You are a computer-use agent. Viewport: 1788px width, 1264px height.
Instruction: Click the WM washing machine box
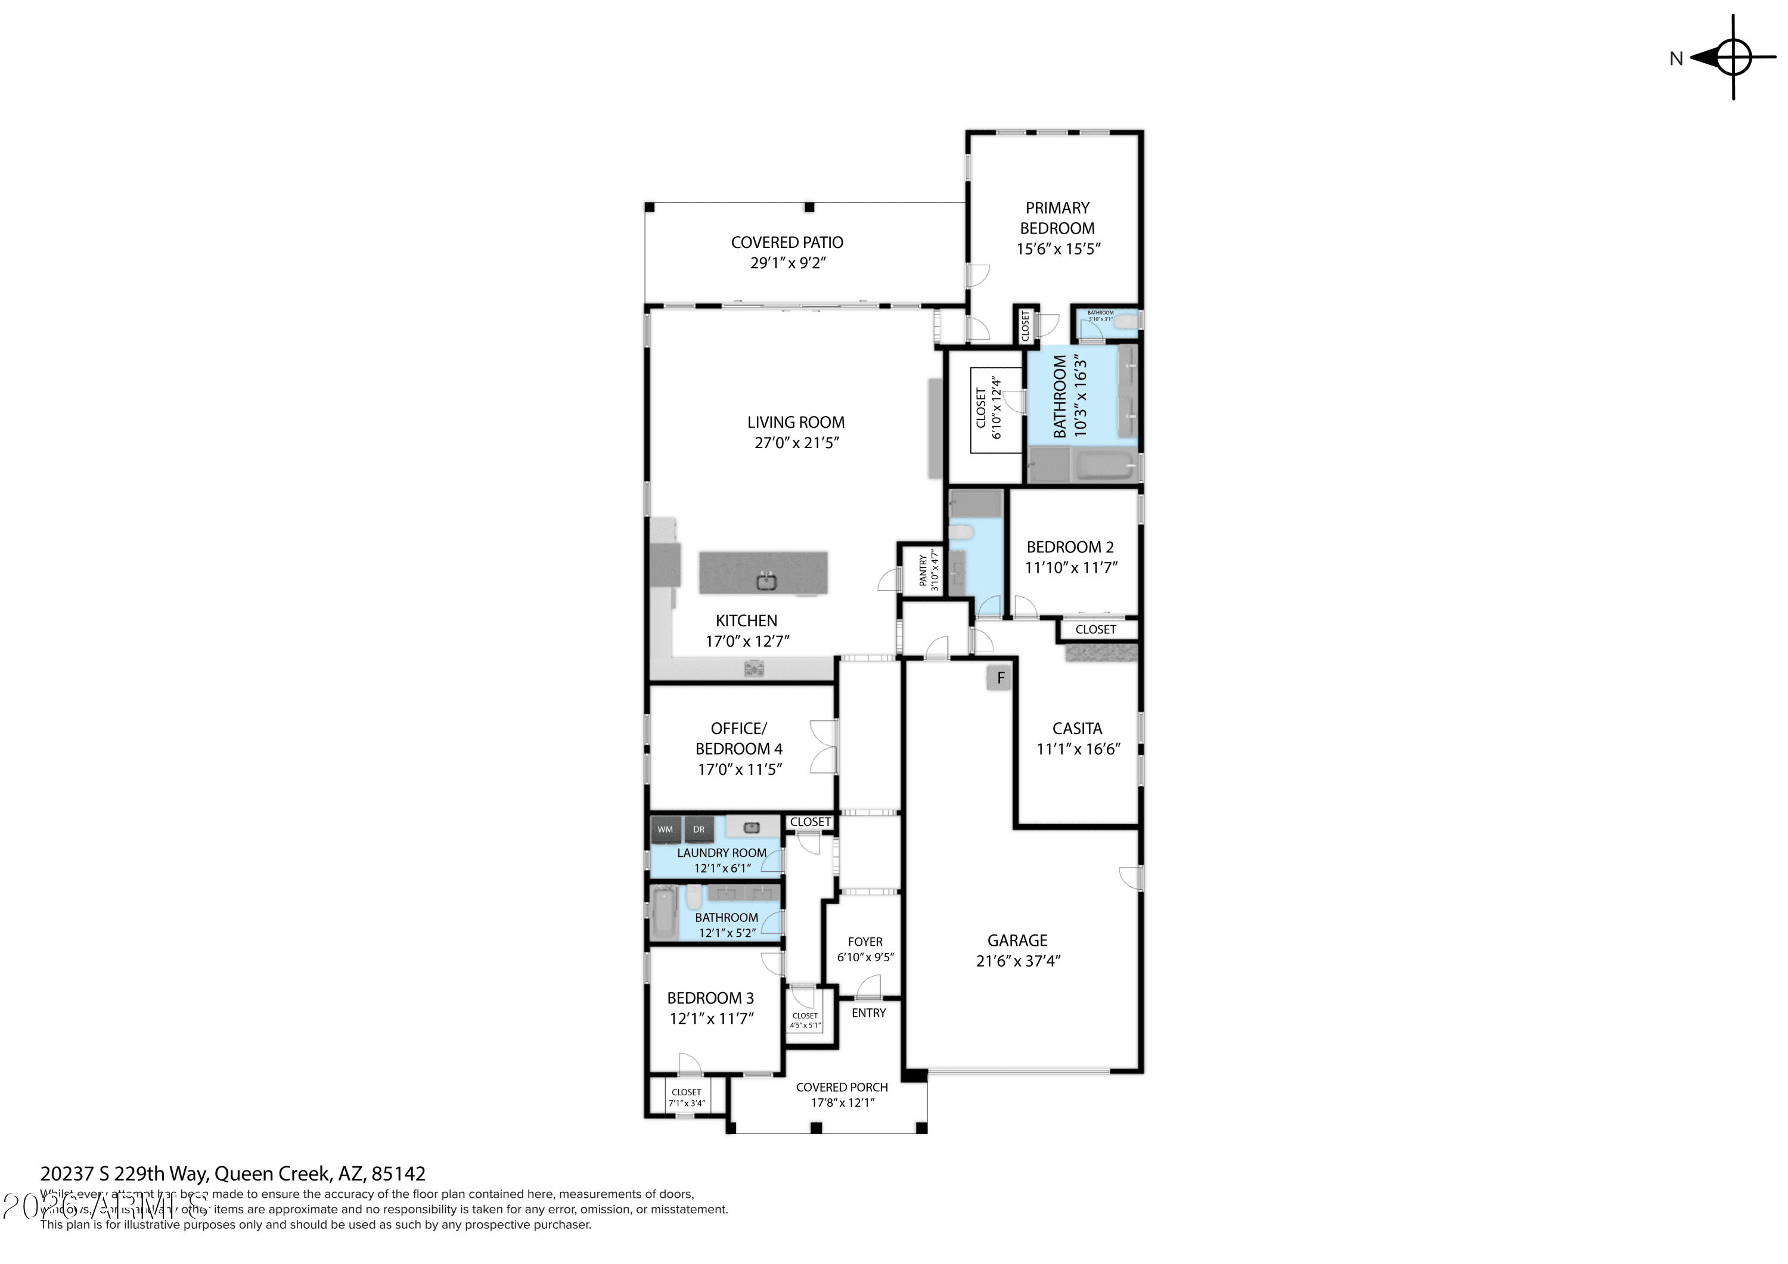click(x=665, y=830)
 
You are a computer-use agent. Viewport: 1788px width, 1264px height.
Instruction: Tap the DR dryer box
click(x=699, y=830)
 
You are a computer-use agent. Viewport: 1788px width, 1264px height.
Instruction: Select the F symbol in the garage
click(x=1001, y=678)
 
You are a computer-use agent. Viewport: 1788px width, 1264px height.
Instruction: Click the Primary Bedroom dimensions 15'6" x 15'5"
click(x=1057, y=249)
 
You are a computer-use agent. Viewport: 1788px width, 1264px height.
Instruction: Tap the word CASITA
click(x=1077, y=729)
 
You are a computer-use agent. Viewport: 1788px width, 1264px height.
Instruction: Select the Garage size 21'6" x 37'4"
click(x=1018, y=961)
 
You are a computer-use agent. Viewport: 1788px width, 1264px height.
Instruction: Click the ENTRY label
click(x=868, y=1013)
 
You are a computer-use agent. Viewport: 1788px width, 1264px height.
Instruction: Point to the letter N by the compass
click(x=1676, y=58)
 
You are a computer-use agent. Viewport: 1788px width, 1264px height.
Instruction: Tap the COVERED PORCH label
click(x=842, y=1087)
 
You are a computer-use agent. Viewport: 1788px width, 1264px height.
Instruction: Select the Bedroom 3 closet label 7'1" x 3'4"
click(x=686, y=1102)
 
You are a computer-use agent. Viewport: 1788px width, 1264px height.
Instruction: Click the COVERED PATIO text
click(x=787, y=242)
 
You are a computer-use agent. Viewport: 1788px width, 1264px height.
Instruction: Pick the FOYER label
click(x=865, y=942)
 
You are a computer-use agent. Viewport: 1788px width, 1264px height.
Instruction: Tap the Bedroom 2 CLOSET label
click(x=1095, y=629)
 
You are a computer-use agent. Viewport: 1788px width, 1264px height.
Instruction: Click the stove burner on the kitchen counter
click(x=753, y=668)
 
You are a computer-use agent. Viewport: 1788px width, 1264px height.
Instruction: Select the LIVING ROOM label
click(x=795, y=422)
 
